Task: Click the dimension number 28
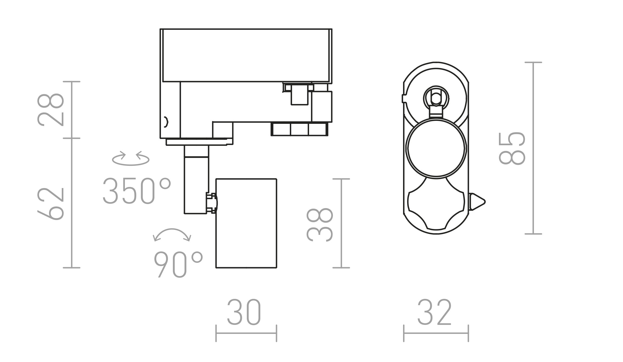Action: (51, 110)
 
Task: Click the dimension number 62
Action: (51, 203)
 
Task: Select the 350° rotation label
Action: (137, 191)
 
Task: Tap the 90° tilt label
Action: (178, 264)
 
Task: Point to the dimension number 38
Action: (320, 225)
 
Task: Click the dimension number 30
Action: (244, 312)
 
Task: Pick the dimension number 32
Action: (434, 312)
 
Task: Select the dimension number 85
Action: (512, 148)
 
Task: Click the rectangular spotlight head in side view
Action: (246, 223)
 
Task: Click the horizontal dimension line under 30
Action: (246, 333)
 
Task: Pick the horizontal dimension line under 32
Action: (436, 333)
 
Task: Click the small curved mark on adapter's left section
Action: (166, 122)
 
